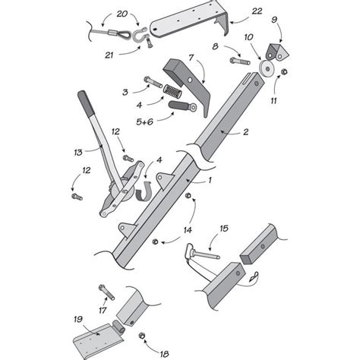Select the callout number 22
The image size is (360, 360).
[x=257, y=11]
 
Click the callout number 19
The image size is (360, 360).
[x=77, y=319]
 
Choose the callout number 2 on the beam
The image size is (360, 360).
[x=245, y=132]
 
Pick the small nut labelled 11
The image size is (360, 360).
[x=283, y=73]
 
